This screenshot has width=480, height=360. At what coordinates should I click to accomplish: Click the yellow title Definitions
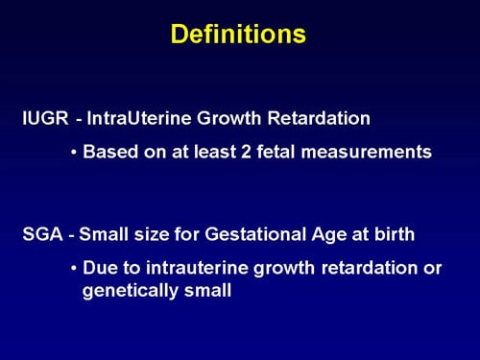click(239, 35)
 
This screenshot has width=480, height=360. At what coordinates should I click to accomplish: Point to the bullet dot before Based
click(74, 152)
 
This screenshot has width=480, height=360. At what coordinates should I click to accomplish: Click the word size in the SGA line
click(151, 235)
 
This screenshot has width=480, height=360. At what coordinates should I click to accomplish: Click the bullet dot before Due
click(74, 268)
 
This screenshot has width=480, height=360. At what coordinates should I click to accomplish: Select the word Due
click(101, 268)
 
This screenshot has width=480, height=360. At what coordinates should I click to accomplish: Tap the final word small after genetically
click(210, 289)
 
